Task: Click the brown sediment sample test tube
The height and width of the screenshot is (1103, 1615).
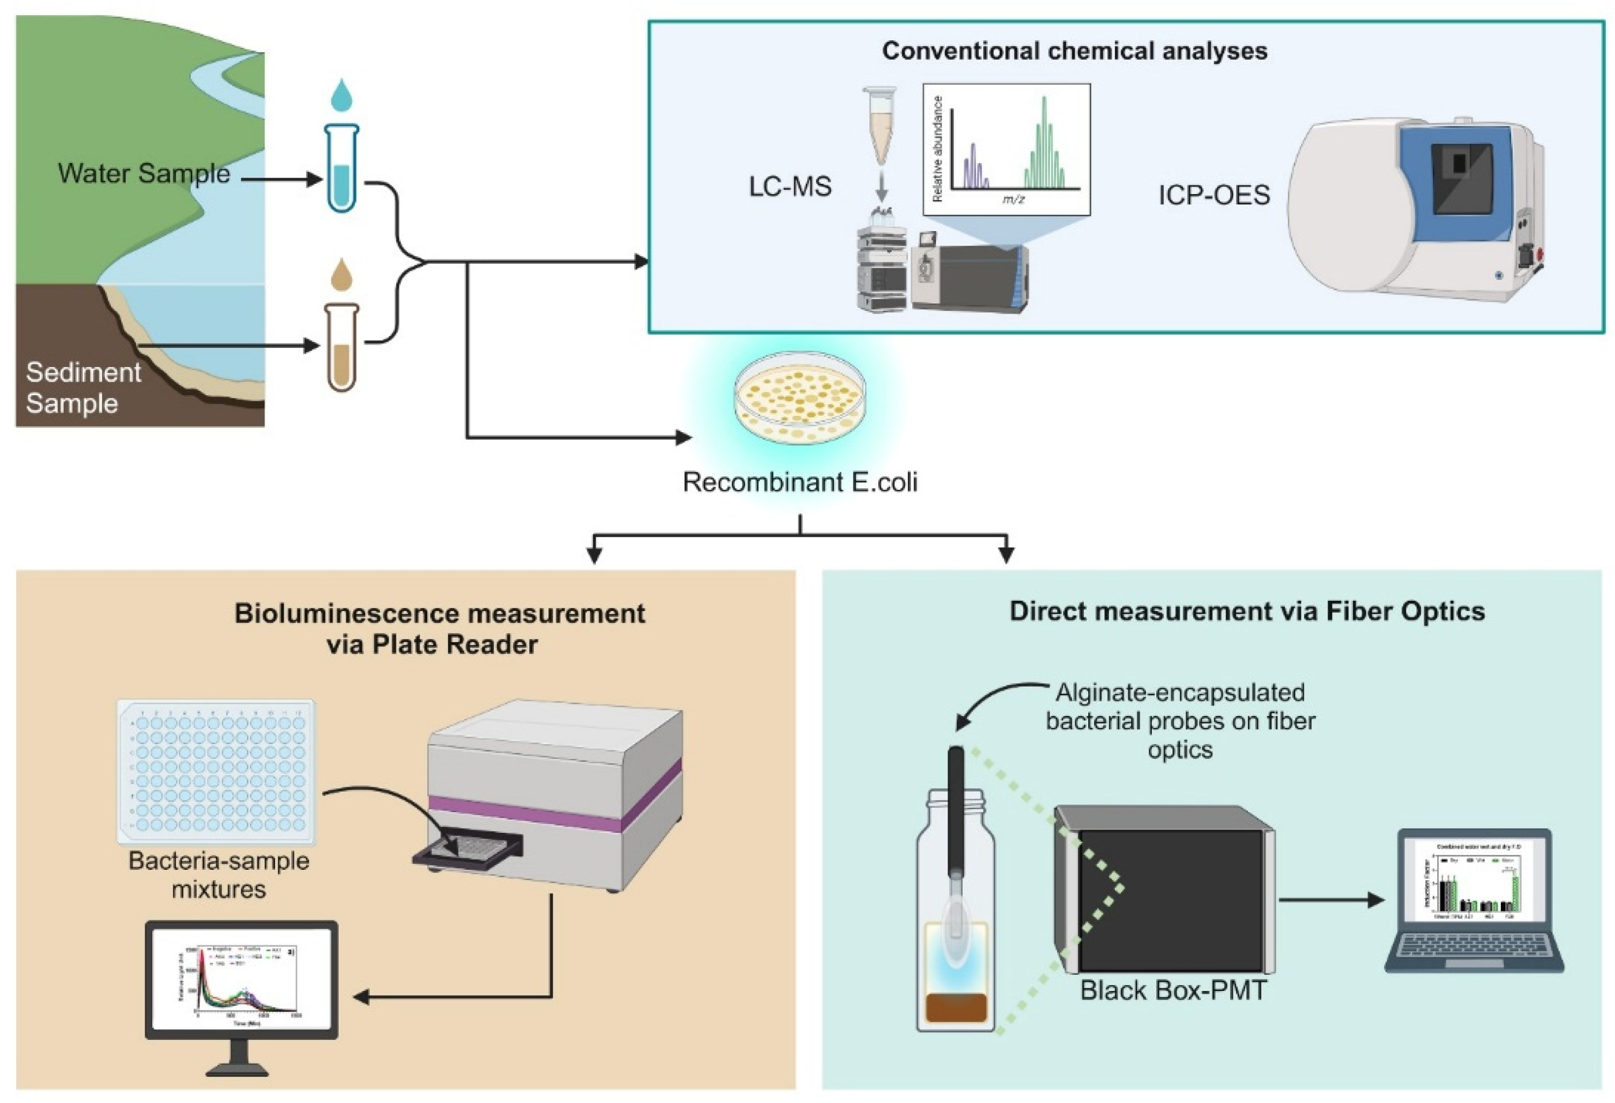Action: [341, 347]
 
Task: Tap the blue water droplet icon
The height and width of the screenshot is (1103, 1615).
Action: [341, 95]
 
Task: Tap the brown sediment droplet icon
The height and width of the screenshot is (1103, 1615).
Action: [341, 275]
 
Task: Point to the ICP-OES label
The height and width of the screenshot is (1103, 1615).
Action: [1213, 195]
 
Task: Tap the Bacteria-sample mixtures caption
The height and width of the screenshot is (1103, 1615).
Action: [219, 875]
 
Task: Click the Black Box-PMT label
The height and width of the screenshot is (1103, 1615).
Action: [1173, 990]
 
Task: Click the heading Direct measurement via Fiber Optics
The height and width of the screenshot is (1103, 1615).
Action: [1246, 612]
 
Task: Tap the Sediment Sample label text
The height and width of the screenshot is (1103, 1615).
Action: [83, 388]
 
